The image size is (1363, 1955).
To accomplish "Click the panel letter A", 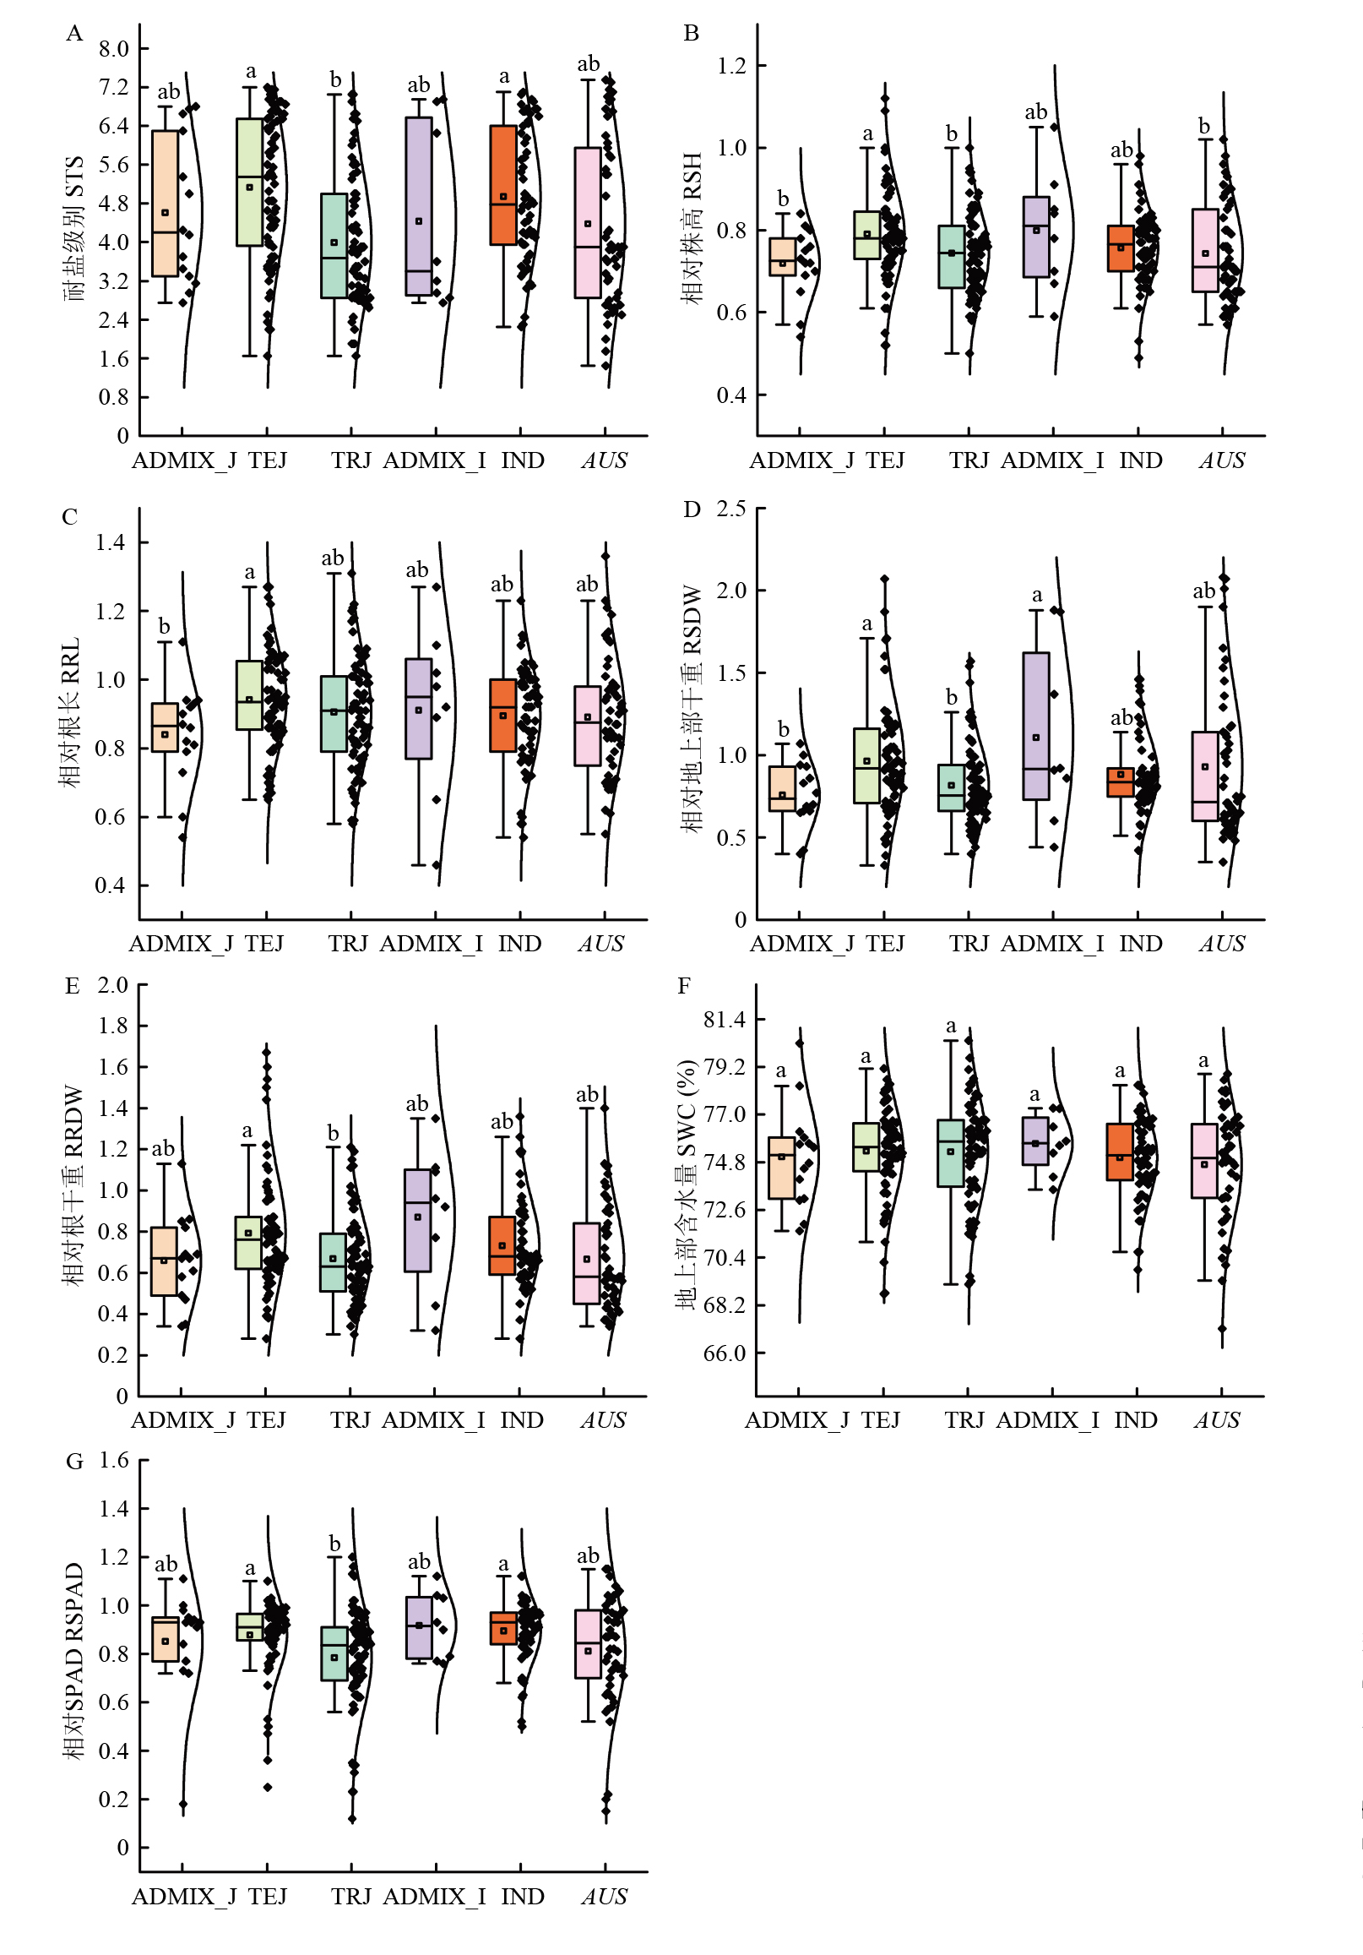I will point(75,34).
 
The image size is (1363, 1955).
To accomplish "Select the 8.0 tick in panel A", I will point(114,48).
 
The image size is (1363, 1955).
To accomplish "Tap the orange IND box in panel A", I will point(503,185).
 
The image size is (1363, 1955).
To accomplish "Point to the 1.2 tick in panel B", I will point(731,66).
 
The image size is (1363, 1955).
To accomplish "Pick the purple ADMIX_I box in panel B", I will point(1036,237).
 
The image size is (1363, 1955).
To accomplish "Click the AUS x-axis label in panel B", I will point(1222,460).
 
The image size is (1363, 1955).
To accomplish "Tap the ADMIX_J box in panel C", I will point(165,727).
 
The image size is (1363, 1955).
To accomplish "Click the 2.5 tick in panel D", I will point(731,509).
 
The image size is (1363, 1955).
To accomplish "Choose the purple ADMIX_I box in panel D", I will point(1036,726).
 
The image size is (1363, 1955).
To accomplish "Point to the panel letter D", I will point(692,510).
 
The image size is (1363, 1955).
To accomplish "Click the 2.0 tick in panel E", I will point(113,985).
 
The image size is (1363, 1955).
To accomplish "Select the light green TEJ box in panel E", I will point(248,1242).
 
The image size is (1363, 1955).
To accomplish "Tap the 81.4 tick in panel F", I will point(725,1019).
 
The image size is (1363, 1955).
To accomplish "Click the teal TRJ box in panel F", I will point(951,1153).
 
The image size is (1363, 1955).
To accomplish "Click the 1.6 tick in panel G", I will point(114,1461).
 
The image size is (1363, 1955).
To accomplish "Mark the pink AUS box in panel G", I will point(588,1643).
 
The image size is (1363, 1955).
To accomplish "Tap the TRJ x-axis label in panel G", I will point(350,1896).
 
